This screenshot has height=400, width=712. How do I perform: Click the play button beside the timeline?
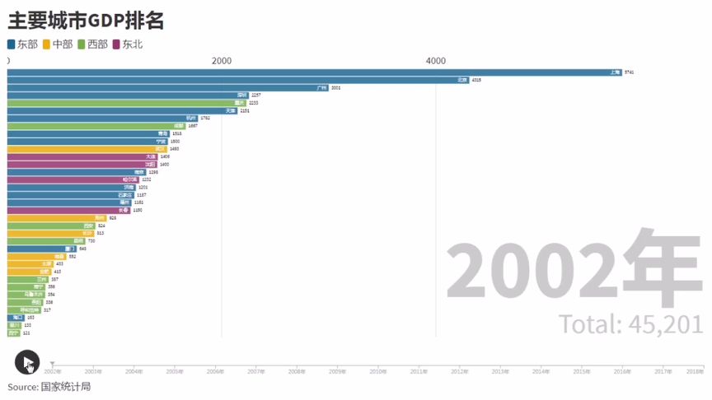[26, 361]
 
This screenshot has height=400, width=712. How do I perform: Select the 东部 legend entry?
[22, 44]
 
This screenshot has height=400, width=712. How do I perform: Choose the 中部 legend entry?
[58, 44]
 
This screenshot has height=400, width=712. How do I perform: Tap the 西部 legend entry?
[92, 44]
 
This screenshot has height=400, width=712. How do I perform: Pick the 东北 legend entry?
[128, 44]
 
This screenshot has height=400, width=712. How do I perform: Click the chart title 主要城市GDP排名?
[86, 20]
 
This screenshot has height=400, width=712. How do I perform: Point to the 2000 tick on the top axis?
[222, 61]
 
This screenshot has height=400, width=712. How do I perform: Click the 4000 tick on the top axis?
[436, 61]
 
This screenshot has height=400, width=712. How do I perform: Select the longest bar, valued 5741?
[313, 72]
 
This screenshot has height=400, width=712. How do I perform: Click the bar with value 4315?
[239, 80]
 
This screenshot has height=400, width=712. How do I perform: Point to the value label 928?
[113, 218]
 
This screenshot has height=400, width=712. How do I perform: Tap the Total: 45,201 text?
[630, 324]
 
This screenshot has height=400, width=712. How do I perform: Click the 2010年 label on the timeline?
[377, 372]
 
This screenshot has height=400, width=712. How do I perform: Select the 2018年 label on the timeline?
[695, 372]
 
